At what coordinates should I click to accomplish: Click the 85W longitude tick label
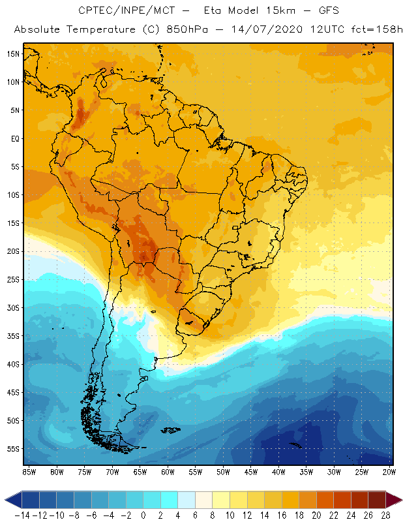point(29,472)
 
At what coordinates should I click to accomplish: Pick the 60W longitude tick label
point(168,472)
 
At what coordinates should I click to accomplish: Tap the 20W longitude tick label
point(389,472)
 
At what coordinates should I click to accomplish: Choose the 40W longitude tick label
point(278,472)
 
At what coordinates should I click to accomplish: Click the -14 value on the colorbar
point(22,515)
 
